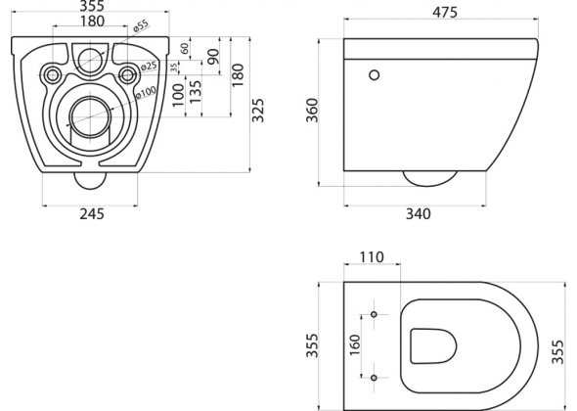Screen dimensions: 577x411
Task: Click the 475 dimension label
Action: coord(445,12)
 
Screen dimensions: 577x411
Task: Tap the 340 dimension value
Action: coord(418,213)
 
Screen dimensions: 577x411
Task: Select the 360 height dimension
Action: coord(312,111)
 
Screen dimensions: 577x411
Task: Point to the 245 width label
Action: coord(92,213)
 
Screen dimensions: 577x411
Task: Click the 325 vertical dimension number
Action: coord(257,111)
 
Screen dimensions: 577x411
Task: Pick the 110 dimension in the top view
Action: coord(372,256)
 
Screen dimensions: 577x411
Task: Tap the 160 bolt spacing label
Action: coord(355,344)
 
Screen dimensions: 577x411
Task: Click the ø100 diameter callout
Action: coord(146,92)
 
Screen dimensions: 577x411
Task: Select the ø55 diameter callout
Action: coord(141,26)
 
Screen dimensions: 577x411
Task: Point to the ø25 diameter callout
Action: coord(149,67)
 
